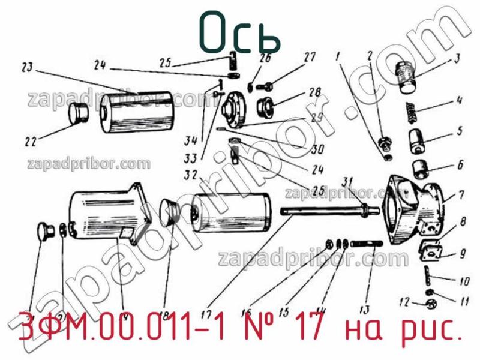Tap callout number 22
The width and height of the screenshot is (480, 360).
point(31,142)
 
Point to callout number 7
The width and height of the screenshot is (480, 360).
point(461,195)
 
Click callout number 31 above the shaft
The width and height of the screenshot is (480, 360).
point(347,182)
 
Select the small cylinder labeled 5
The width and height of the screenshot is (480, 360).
point(418,142)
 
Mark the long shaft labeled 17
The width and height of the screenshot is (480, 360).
point(324,211)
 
